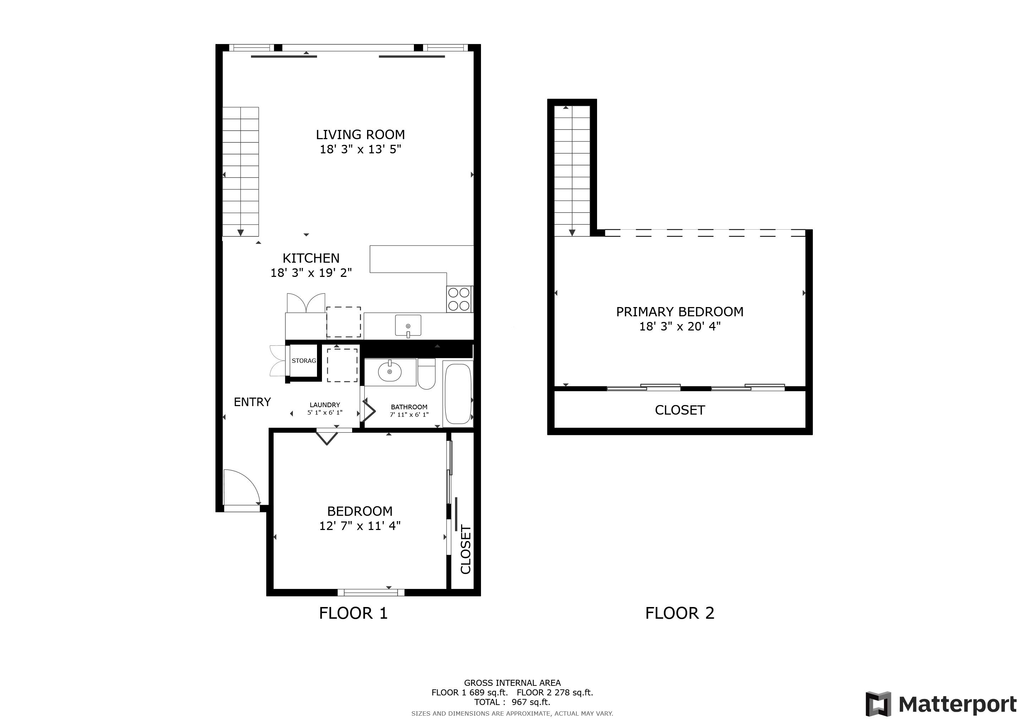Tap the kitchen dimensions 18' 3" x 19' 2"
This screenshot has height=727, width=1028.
(x=311, y=273)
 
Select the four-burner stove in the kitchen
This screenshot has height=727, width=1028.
(x=459, y=299)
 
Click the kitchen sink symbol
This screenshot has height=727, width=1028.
(x=408, y=326)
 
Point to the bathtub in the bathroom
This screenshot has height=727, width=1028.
(x=458, y=393)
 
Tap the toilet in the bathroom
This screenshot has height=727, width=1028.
(x=426, y=373)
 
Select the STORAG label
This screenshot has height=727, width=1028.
(x=304, y=361)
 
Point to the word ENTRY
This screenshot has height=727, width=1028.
(x=252, y=402)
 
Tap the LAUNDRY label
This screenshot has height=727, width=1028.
(x=325, y=405)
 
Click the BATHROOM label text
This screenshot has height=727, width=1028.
(x=409, y=407)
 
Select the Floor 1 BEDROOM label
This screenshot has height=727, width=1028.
(x=360, y=511)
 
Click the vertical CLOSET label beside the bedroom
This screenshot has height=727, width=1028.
(x=466, y=550)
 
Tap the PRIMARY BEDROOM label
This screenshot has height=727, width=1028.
(x=680, y=312)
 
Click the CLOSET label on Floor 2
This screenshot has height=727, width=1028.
(x=680, y=410)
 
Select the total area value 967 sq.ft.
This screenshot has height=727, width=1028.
(x=531, y=702)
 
